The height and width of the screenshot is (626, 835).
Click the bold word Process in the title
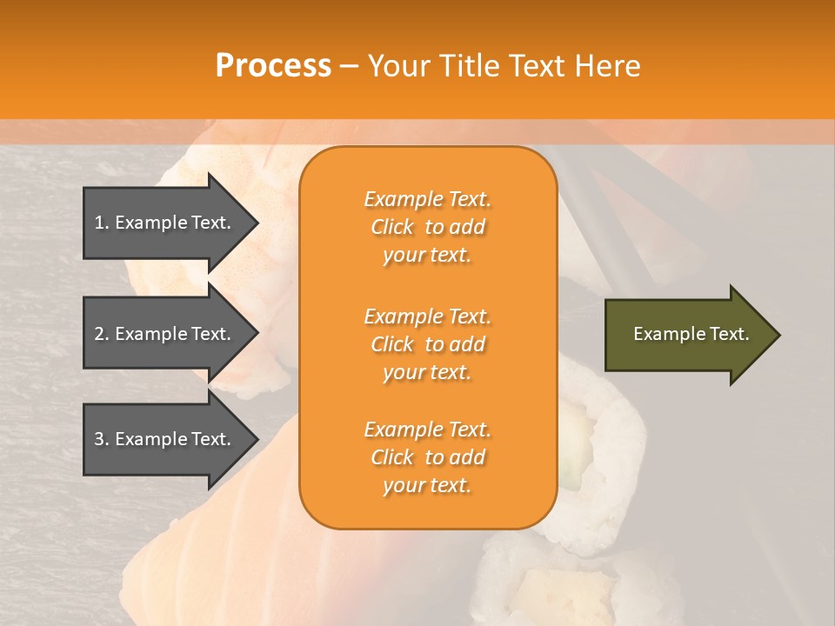click(273, 66)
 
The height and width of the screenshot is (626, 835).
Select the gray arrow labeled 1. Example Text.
click(165, 223)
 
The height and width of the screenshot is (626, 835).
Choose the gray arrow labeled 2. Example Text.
click(165, 334)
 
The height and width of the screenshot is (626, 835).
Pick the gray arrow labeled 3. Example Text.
click(165, 439)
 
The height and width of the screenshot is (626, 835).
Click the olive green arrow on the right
click(687, 335)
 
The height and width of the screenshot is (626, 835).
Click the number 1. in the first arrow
click(102, 223)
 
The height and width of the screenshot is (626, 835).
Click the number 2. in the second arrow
click(102, 334)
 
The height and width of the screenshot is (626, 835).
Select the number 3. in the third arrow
click(102, 439)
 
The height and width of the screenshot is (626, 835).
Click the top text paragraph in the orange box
click(427, 227)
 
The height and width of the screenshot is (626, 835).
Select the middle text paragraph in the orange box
click(427, 344)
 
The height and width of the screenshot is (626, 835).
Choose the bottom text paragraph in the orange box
click(427, 457)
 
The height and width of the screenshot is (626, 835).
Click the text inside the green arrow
click(691, 334)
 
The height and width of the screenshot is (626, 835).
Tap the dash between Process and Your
click(349, 66)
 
